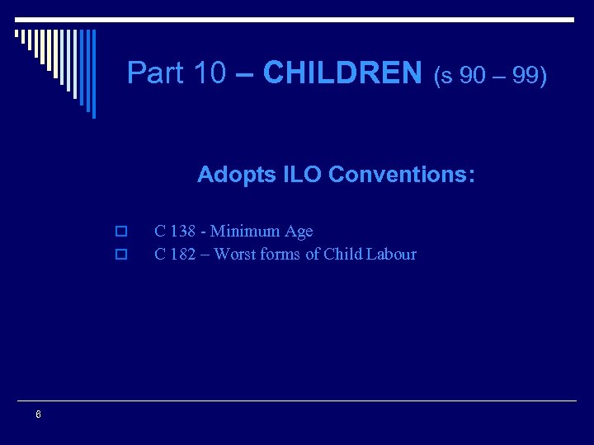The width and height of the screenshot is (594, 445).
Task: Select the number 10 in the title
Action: click(x=210, y=73)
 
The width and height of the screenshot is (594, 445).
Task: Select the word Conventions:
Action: click(x=401, y=175)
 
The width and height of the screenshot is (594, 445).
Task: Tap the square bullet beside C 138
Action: click(x=120, y=232)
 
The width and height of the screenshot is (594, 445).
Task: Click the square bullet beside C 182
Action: click(x=120, y=255)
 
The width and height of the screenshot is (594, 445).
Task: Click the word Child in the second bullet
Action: click(x=342, y=254)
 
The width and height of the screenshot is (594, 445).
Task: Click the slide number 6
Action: click(x=38, y=415)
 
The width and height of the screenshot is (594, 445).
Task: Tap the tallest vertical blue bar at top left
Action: click(x=92, y=73)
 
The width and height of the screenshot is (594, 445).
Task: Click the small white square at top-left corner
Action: click(x=17, y=34)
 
